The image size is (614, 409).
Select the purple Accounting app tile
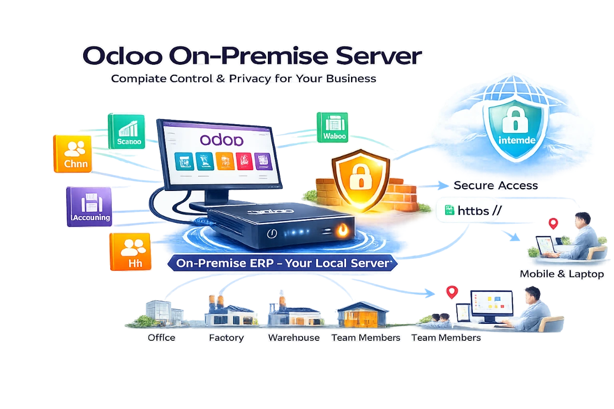88,206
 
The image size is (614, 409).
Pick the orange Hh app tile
130,251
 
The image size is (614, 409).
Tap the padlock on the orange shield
360,178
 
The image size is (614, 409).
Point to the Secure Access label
496,186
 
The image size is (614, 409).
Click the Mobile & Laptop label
561,274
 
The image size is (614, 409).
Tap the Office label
161,337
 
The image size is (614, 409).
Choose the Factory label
226,337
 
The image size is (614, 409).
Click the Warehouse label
293,337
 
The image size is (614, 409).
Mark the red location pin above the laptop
554,223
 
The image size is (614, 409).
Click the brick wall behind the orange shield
401,189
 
